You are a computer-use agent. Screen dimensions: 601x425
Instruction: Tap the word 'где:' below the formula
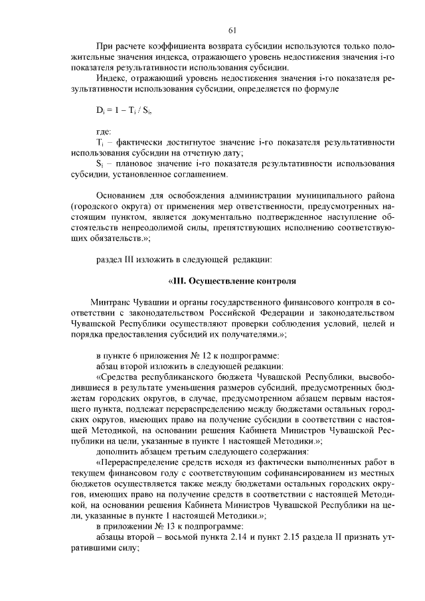click(105, 131)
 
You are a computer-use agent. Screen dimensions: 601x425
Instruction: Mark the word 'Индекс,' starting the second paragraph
click(114, 78)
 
